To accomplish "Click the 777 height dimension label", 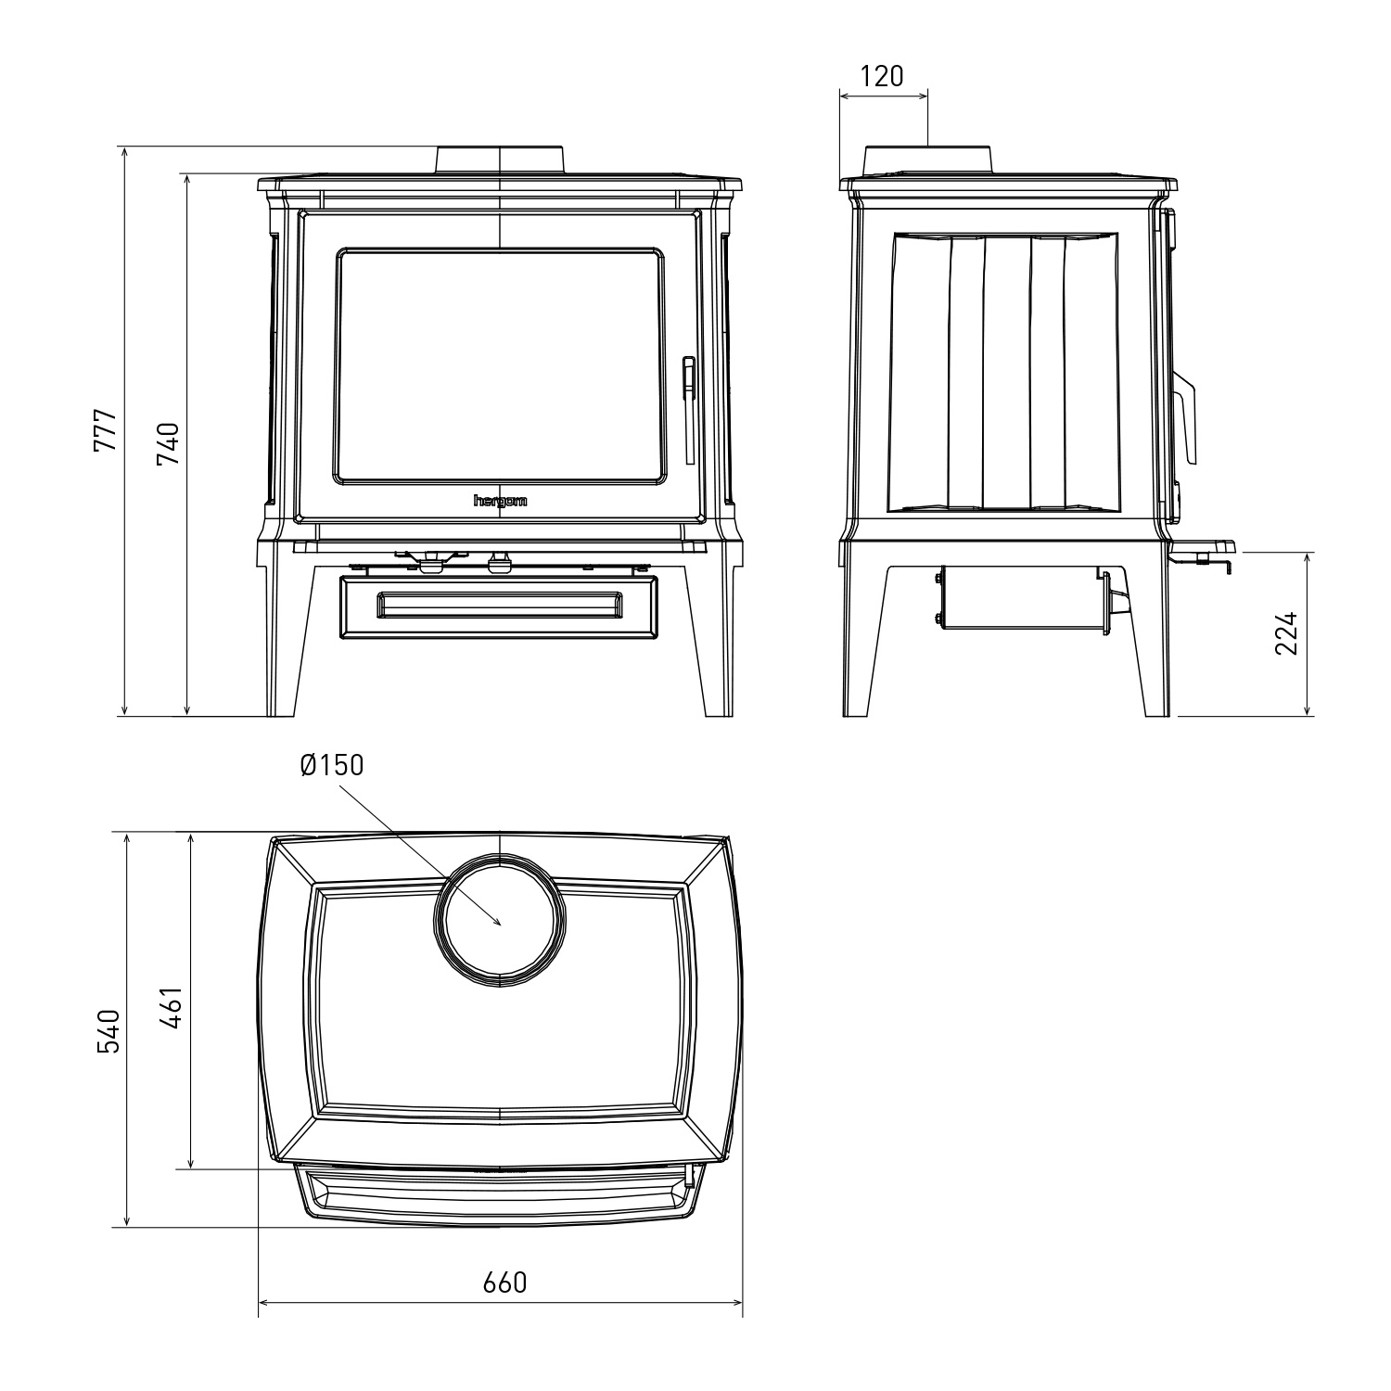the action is (x=107, y=430).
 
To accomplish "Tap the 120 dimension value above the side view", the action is (x=882, y=76).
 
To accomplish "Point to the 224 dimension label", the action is (x=1286, y=633).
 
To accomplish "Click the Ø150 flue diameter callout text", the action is (x=332, y=765).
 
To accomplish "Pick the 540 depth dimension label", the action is (x=109, y=1030).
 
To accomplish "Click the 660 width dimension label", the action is (x=504, y=1283).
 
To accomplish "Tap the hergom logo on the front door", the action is (x=501, y=501).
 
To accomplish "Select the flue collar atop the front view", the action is (x=499, y=160).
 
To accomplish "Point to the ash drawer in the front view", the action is (x=499, y=608).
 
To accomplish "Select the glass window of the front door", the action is (x=501, y=365).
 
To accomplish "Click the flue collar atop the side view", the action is (x=928, y=160).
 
